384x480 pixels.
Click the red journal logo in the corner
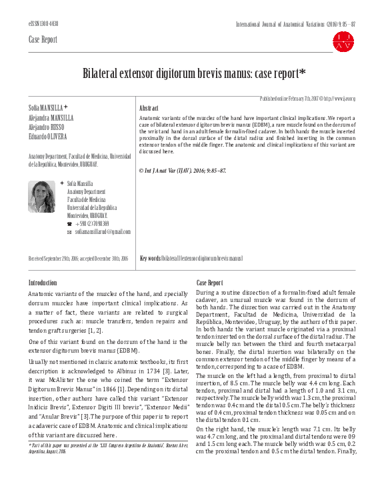coord(345,41)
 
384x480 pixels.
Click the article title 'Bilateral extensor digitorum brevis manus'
coord(192,74)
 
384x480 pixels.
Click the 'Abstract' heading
coord(148,107)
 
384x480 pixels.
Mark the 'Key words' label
coord(150,258)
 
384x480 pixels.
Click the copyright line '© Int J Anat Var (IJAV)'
coord(182,171)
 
